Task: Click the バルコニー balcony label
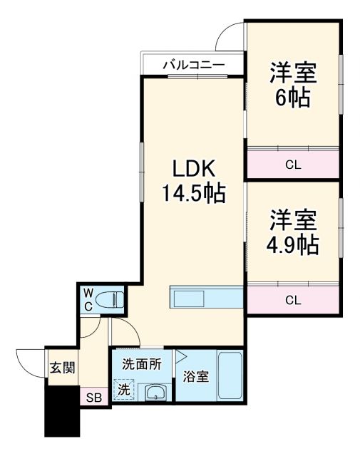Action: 194,65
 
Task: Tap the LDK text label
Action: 192,169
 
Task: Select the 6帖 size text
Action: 293,98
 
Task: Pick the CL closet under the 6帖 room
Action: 293,165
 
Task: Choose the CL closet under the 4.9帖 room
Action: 293,300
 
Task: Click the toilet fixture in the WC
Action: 110,299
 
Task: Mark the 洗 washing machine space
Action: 124,390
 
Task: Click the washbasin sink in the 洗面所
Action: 155,391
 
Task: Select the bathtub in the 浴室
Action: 230,377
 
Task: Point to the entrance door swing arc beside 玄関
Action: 29,360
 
